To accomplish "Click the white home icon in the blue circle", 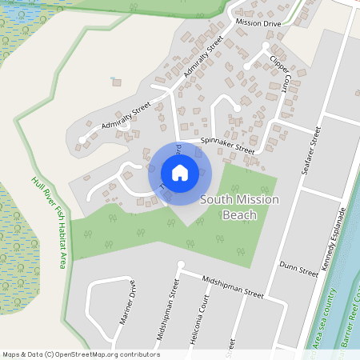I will pos(179,172).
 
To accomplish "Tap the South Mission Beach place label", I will pos(239,207).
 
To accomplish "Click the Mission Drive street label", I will pos(258,24).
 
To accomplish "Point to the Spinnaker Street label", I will pos(228,145).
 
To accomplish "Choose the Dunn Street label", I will pos(298,270).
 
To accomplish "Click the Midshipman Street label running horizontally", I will pos(233,287).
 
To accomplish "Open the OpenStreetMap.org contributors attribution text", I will pos(81,354).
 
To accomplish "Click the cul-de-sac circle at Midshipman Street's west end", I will pos(181,264).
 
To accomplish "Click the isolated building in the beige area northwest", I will pos(117,81).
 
